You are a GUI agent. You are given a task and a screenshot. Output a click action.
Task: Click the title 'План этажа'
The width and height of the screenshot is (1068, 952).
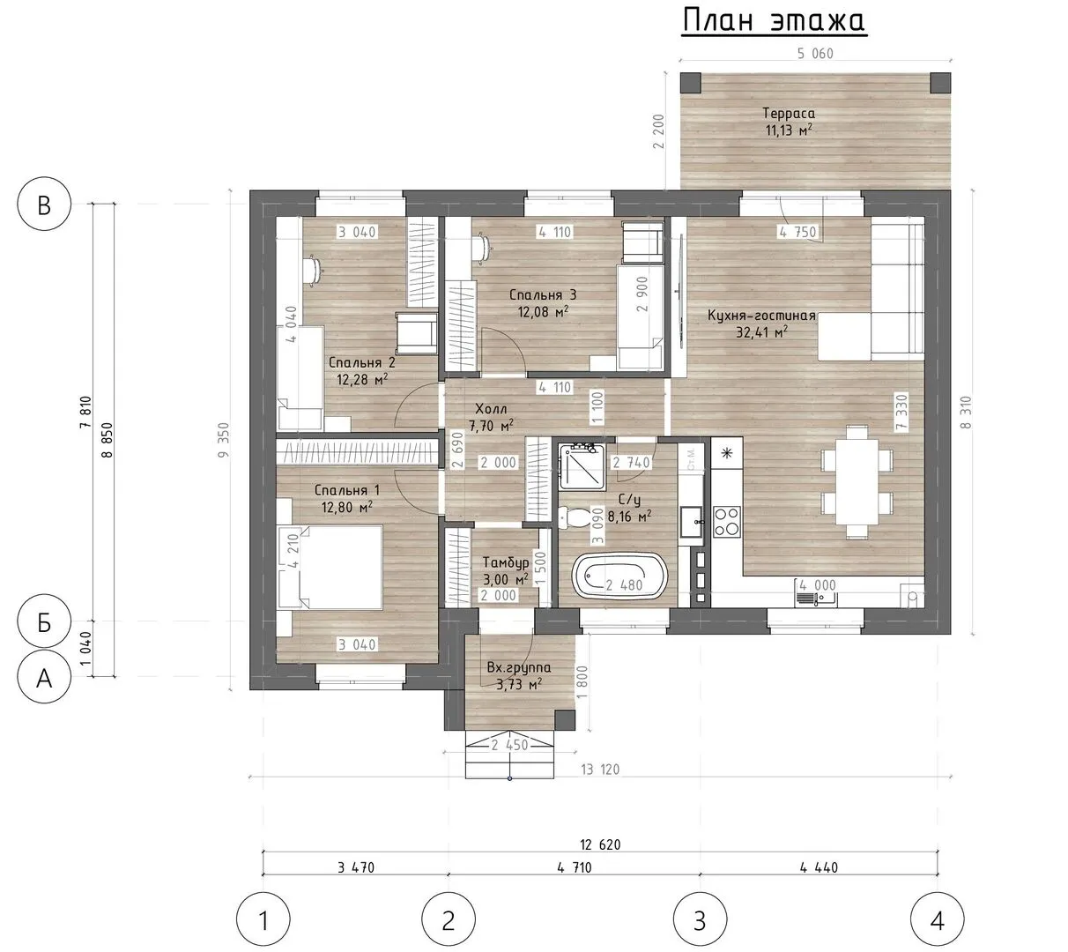coord(774,21)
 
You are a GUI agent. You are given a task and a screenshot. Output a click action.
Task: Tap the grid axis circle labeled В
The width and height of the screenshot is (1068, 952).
coord(44,204)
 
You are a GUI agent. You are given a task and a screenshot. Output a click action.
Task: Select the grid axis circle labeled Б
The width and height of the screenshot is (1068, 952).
coord(44,621)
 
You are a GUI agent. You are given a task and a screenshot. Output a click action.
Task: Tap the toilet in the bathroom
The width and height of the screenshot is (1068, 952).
coord(575,517)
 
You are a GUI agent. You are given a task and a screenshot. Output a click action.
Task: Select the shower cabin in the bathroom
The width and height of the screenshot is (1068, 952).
coord(582,467)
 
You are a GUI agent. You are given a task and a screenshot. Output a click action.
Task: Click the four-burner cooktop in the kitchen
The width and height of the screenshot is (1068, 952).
coord(726,522)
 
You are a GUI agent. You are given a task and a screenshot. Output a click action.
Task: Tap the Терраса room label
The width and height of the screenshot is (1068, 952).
coord(789,113)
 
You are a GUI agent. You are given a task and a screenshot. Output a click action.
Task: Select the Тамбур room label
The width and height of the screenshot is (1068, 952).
coord(506,562)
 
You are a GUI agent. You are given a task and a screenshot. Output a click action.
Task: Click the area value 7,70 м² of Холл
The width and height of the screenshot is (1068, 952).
coord(491,426)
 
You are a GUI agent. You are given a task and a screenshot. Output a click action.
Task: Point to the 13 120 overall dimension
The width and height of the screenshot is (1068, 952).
coord(600,770)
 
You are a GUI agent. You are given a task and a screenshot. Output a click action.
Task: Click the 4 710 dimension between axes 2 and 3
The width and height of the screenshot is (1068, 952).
coord(575,867)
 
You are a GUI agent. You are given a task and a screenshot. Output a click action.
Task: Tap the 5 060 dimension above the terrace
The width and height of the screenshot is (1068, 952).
coord(815,53)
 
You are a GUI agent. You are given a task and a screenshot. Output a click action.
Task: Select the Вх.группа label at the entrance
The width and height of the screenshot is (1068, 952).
coord(519,667)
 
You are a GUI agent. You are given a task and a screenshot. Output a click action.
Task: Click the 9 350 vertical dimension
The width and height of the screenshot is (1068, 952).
coord(224,440)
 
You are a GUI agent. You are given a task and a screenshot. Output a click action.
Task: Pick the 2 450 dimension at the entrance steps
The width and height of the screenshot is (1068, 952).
coord(509,745)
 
